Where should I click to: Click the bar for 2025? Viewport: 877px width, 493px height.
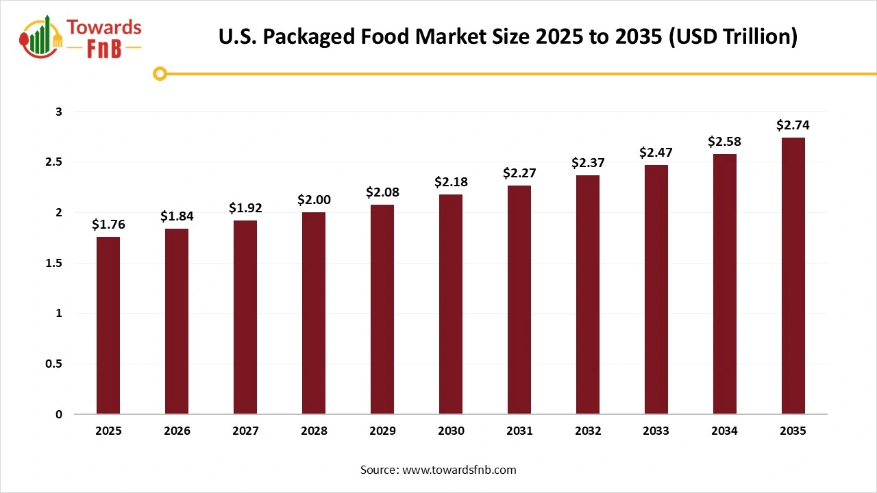coord(108,325)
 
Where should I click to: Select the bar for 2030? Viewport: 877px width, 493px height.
coord(451,304)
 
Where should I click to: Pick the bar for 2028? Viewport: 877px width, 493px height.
coord(314,313)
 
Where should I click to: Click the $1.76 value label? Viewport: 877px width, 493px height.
coord(108,225)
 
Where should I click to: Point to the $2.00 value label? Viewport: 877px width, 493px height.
coord(314,200)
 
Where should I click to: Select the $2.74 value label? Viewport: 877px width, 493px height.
coord(793,125)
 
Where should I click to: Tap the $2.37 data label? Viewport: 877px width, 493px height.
coord(588,163)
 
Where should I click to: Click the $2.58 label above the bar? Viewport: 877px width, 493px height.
coord(725,142)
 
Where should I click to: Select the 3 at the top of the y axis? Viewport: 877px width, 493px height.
coord(59,112)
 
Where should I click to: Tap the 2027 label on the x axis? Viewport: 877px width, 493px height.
coord(245,431)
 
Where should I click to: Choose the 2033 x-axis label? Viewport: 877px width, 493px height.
coord(656,431)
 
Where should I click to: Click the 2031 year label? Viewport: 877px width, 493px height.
coord(519,431)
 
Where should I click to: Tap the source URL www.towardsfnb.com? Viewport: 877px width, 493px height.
coord(459,470)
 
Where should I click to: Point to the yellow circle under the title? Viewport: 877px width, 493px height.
coord(160,73)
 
